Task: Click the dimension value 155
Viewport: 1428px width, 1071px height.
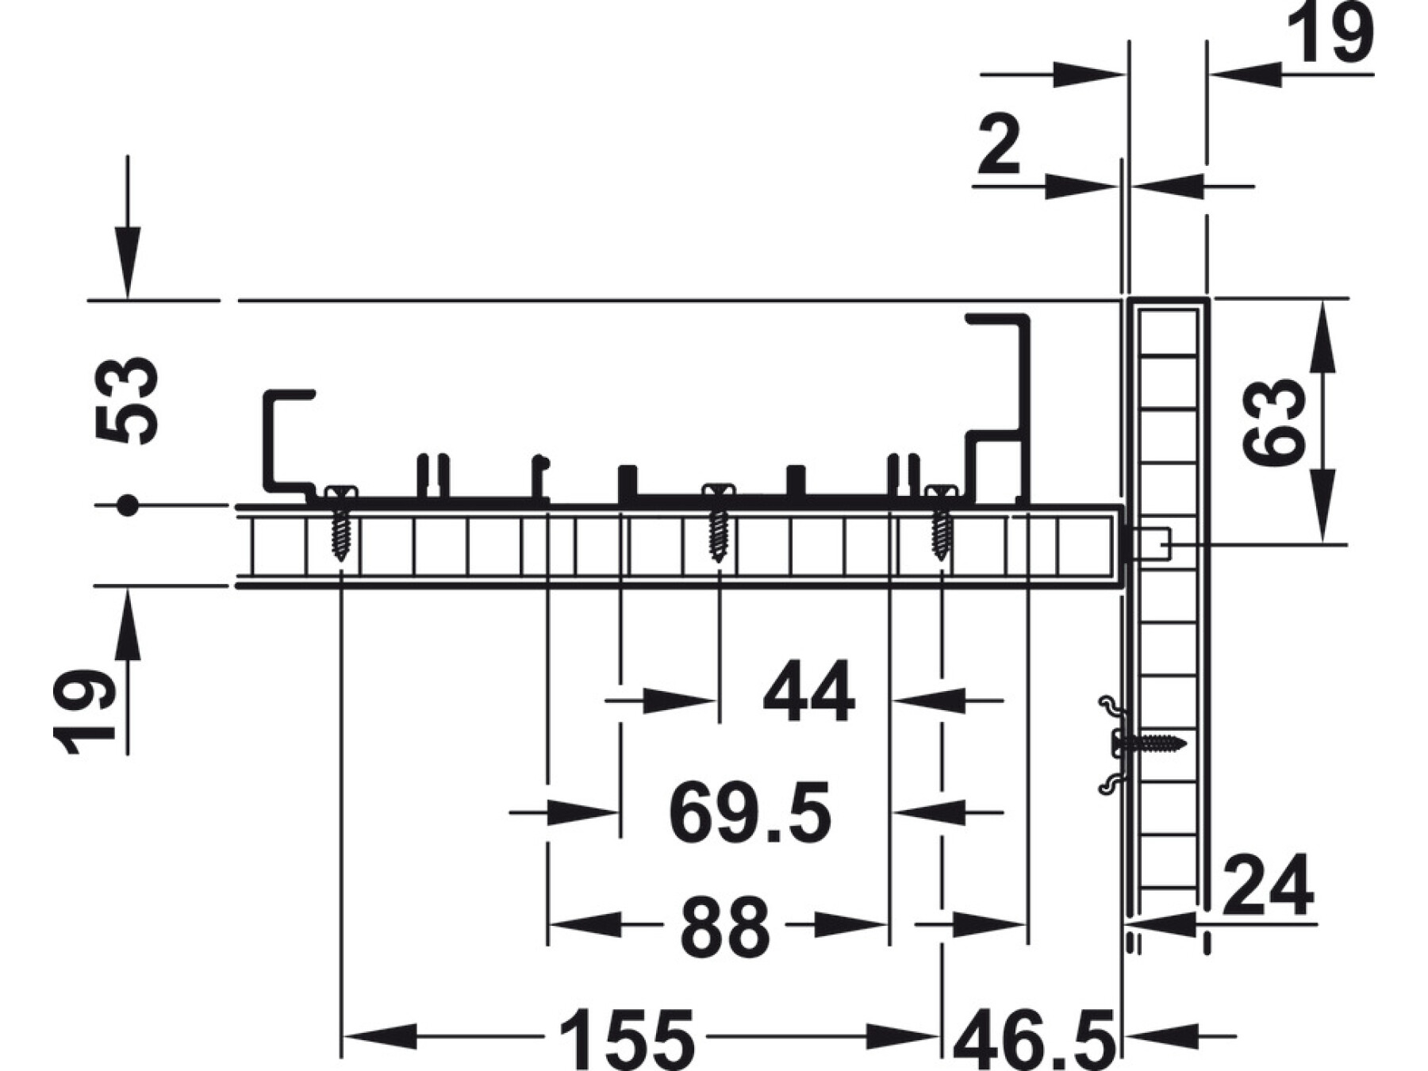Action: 627,1038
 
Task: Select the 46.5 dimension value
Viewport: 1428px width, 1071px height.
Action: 1035,1038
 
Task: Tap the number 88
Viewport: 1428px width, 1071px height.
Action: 725,926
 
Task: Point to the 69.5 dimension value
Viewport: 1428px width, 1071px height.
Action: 750,812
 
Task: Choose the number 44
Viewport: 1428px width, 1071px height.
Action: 808,692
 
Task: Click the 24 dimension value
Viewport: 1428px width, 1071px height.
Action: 1268,886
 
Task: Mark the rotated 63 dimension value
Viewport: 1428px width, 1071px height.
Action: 1274,421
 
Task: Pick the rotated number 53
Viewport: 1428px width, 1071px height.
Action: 127,401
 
